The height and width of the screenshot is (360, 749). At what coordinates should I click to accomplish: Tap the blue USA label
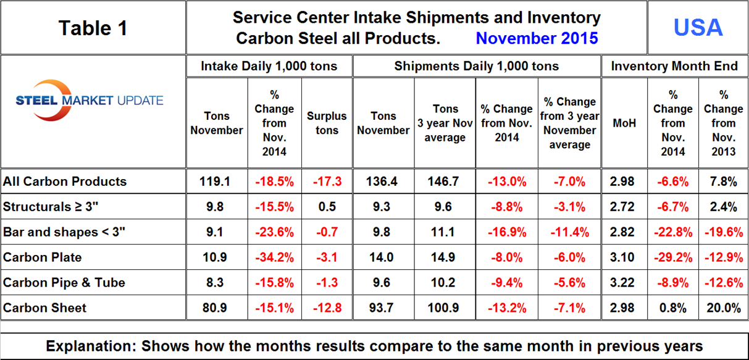[x=698, y=27]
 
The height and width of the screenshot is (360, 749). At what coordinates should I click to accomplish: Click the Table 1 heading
[x=93, y=28]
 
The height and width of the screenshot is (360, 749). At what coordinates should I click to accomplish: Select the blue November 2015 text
[x=537, y=38]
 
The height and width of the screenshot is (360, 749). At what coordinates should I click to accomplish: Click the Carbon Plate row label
[x=42, y=257]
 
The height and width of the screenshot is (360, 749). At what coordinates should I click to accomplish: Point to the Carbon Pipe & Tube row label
[x=64, y=282]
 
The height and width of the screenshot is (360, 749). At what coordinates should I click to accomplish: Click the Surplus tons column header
[x=327, y=123]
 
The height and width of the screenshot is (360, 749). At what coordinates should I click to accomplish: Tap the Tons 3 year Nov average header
[x=445, y=123]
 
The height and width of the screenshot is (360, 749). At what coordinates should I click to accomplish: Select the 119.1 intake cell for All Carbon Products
[x=217, y=182]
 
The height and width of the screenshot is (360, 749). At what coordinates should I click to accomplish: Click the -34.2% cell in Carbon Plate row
[x=274, y=257]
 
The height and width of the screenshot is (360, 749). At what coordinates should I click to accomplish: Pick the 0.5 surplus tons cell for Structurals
[x=327, y=207]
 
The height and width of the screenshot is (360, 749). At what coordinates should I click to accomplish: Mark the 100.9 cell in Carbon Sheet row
[x=445, y=308]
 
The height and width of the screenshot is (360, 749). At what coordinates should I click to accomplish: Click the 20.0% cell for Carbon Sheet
[x=722, y=308]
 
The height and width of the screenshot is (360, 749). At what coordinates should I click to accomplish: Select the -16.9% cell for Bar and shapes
[x=506, y=232]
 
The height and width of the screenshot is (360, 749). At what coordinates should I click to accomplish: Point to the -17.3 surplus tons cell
[x=327, y=182]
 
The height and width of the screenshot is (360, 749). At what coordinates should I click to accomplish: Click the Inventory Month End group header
[x=674, y=66]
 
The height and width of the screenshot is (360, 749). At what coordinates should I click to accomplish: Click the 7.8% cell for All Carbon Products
[x=722, y=182]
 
